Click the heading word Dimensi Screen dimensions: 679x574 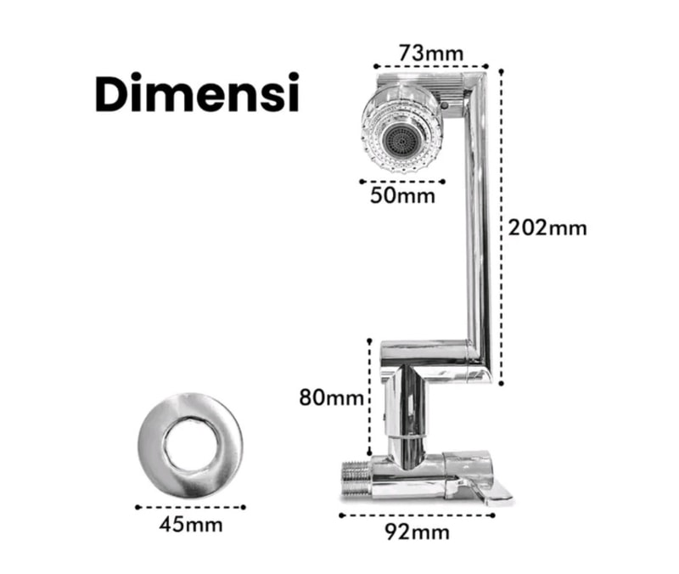coord(197,93)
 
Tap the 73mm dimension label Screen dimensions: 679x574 coord(431,53)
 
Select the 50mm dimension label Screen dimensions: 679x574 coord(402,196)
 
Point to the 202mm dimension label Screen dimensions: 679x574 coord(547,228)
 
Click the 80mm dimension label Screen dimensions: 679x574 coord(331,397)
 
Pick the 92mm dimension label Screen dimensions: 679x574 coord(417,532)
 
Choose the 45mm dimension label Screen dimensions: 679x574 coord(191,525)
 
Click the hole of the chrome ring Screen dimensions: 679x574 coord(190,445)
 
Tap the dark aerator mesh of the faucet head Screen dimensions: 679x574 coord(402,141)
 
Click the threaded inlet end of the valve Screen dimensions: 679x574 coord(356,479)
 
